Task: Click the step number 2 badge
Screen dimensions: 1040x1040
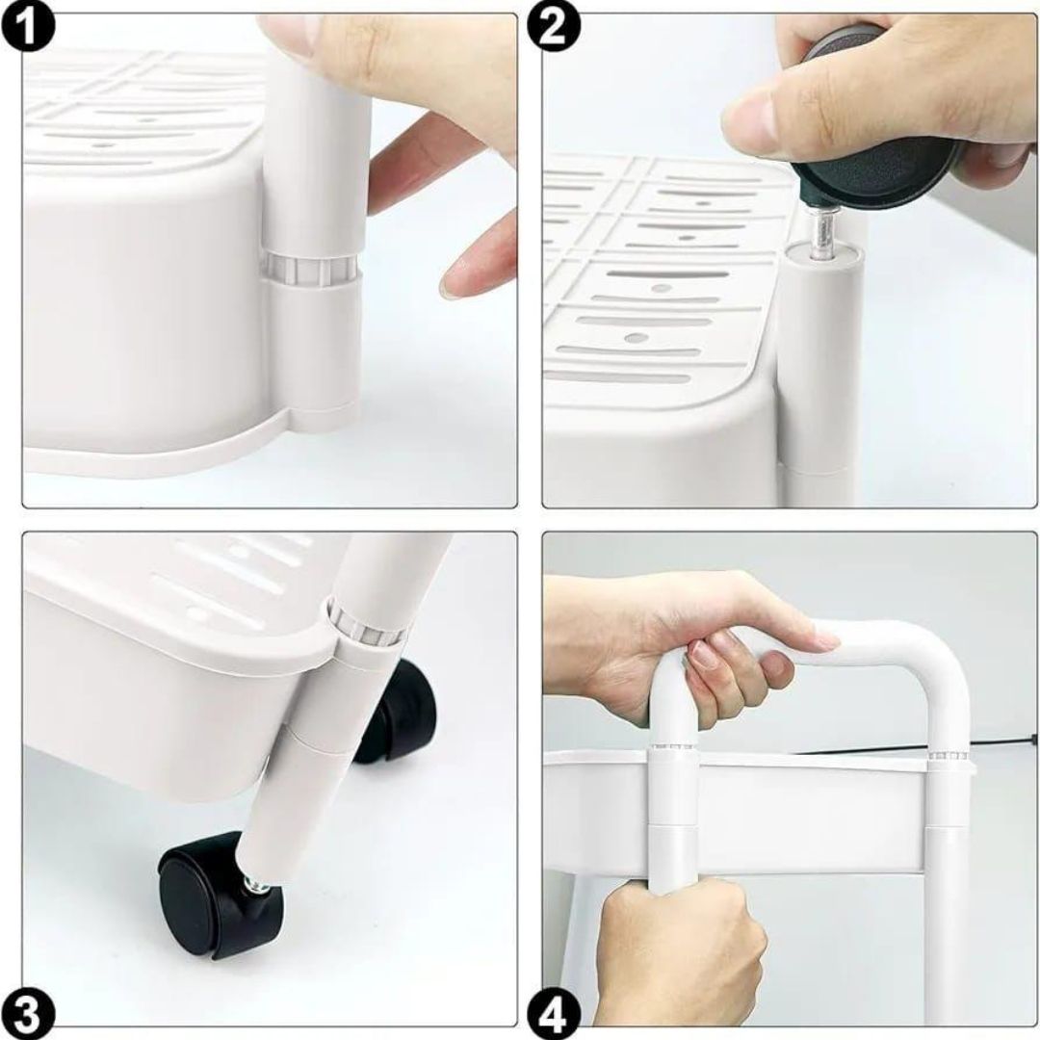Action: (x=554, y=27)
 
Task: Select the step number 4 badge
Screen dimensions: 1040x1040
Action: (x=554, y=1014)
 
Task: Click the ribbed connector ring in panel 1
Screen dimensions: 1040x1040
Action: (x=311, y=269)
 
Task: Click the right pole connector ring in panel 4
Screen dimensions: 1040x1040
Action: (x=948, y=757)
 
